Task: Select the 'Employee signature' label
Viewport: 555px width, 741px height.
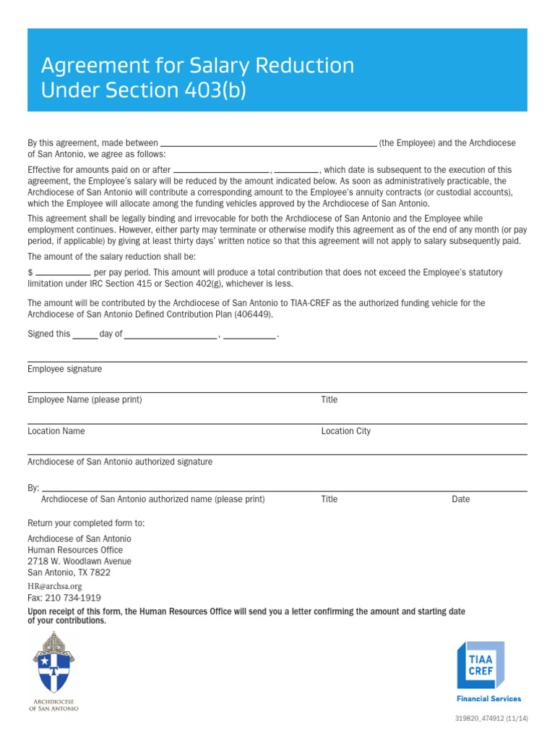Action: [64, 369]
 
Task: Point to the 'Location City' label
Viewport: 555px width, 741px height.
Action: [345, 431]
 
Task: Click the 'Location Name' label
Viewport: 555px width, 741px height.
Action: [56, 431]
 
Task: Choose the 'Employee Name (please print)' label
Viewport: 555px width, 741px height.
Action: [85, 400]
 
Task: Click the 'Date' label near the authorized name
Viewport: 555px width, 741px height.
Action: [460, 499]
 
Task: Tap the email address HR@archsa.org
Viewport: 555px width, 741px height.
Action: [54, 586]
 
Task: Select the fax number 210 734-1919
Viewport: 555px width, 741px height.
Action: [64, 598]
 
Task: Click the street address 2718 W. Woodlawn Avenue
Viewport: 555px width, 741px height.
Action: [79, 562]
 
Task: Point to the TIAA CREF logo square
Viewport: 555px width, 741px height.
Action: [480, 664]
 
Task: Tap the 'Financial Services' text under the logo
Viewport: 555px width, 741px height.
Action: [489, 699]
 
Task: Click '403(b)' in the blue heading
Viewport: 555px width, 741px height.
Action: [215, 90]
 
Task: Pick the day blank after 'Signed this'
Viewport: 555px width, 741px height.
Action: [85, 336]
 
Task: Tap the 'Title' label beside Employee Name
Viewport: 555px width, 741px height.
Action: [329, 400]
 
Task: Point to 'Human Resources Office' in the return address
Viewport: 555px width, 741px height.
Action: [75, 550]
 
